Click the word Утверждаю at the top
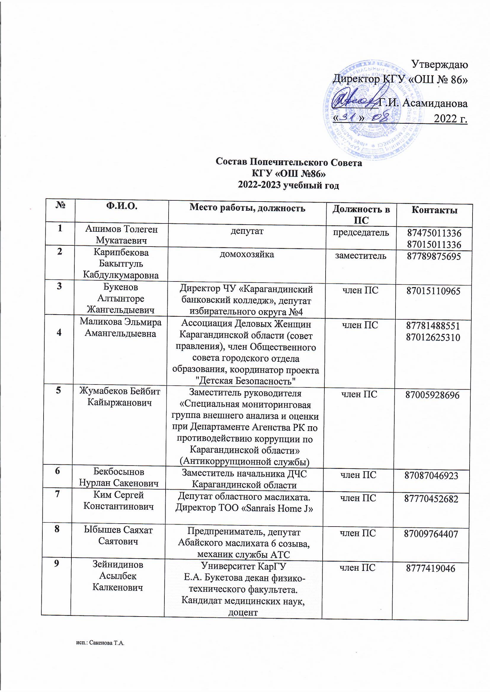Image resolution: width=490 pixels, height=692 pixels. click(x=440, y=64)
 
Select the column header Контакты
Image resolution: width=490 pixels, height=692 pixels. click(x=435, y=210)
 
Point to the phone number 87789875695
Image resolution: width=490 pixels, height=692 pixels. click(x=434, y=256)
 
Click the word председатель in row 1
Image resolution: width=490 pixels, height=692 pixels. click(x=361, y=232)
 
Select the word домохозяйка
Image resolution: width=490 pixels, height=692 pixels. click(x=246, y=254)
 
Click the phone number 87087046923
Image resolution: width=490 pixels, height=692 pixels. click(x=431, y=476)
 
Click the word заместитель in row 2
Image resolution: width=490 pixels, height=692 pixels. click(x=361, y=256)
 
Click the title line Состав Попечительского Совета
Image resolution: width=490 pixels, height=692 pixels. click(x=289, y=162)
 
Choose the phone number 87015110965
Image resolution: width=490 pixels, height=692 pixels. click(x=433, y=291)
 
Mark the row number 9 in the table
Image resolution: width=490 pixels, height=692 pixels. click(x=56, y=564)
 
